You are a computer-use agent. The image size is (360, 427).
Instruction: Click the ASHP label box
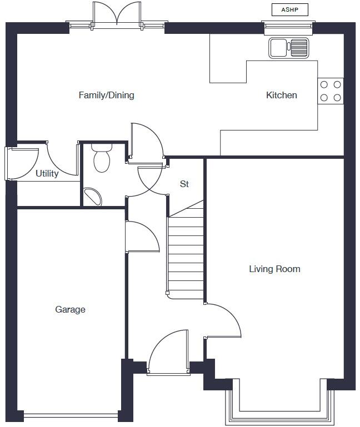[289, 9]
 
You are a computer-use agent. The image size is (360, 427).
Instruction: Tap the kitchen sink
[288, 48]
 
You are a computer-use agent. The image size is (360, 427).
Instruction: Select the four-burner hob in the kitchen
[330, 91]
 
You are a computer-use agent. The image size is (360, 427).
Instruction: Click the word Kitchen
[281, 96]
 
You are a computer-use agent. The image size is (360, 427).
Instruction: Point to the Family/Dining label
[106, 96]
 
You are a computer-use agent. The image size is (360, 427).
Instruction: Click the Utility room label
[47, 174]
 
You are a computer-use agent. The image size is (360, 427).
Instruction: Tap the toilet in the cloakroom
[101, 158]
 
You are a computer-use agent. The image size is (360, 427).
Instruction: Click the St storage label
[184, 184]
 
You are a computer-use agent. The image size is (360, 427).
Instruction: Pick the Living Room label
[274, 269]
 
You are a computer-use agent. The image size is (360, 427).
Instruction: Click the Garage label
[70, 310]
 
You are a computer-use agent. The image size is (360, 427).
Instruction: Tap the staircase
[186, 255]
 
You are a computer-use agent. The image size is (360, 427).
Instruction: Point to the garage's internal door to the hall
[142, 237]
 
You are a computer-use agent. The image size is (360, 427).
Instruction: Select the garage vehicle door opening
[71, 414]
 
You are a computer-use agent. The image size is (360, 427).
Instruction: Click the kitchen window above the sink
[288, 25]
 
